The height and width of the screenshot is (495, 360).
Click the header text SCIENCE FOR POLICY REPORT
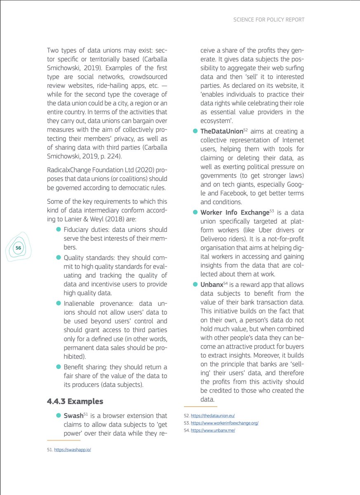(x=269, y=19)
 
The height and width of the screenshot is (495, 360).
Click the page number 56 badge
(x=18, y=248)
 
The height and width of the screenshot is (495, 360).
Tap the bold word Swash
(x=73, y=416)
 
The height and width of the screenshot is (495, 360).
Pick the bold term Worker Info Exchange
(x=234, y=213)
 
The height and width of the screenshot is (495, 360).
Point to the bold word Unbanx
(x=212, y=285)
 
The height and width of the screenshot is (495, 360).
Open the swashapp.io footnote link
(x=72, y=450)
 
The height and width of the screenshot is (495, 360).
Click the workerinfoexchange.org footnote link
(x=224, y=423)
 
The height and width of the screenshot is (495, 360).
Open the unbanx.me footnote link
(x=213, y=431)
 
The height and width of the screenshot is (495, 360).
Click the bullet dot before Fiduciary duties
(x=59, y=230)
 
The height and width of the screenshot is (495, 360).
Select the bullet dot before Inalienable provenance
(x=59, y=304)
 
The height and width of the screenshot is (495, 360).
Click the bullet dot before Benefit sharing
(x=59, y=367)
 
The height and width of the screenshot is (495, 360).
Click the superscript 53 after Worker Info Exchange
(x=272, y=211)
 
